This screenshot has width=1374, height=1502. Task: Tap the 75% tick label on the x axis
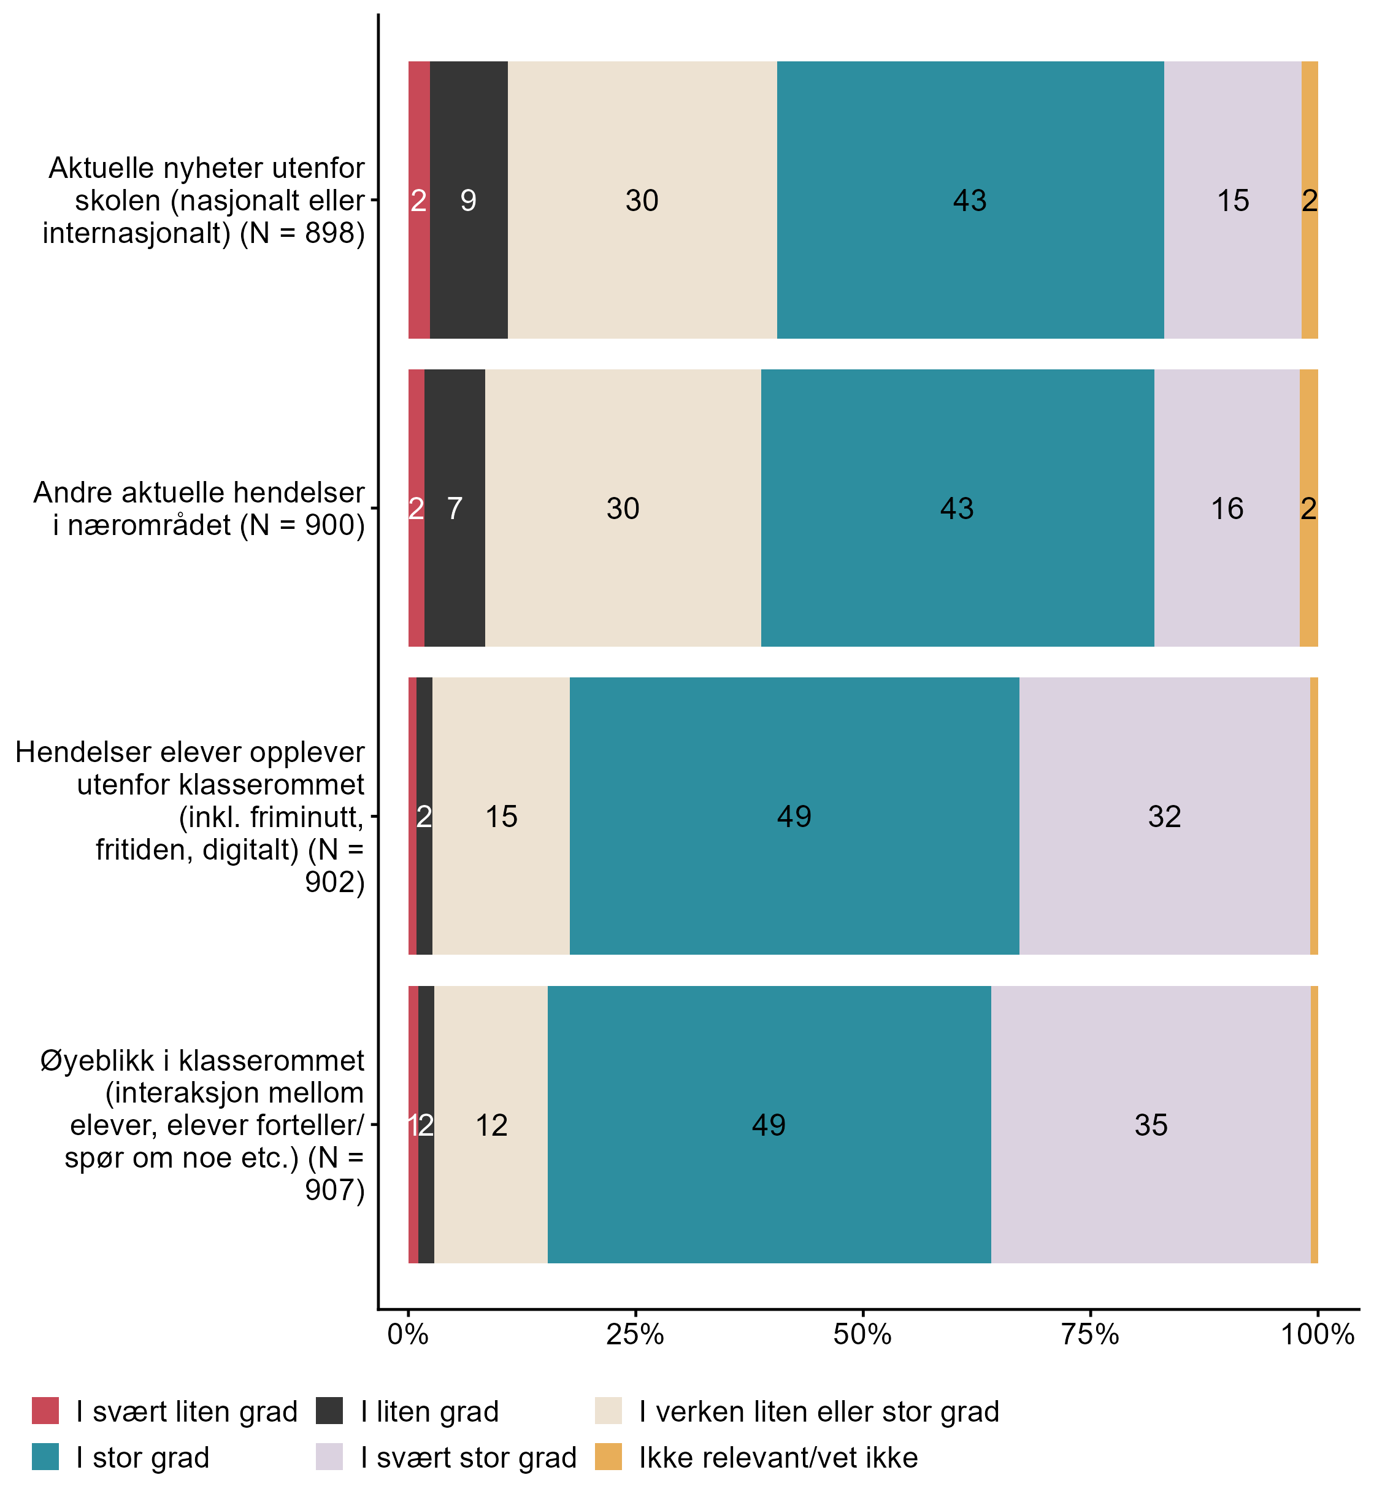coord(1089,1334)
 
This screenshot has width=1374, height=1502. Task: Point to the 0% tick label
coord(407,1334)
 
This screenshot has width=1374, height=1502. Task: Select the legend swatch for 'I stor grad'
coord(45,1457)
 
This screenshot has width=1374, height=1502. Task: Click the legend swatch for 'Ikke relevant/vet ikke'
coord(608,1457)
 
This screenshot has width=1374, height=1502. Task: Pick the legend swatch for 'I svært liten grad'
coord(45,1411)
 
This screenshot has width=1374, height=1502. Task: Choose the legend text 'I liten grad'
coord(430,1412)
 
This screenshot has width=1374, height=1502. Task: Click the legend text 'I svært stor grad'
coord(469,1457)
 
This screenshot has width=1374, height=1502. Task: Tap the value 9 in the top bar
coord(469,201)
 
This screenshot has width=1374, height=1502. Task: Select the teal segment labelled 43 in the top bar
coord(970,201)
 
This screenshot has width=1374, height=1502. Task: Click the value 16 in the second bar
coord(1227,509)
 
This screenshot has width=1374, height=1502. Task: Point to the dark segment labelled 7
coord(455,509)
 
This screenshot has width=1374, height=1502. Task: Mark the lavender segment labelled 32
coord(1164,817)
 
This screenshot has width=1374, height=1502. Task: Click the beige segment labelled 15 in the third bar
coord(501,817)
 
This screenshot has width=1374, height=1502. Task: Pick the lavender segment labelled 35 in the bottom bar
coord(1151,1125)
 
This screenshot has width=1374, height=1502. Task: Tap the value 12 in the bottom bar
coord(491,1125)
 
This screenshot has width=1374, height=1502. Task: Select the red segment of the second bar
coord(416,509)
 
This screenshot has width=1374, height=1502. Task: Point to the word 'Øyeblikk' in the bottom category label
coord(97,1060)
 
